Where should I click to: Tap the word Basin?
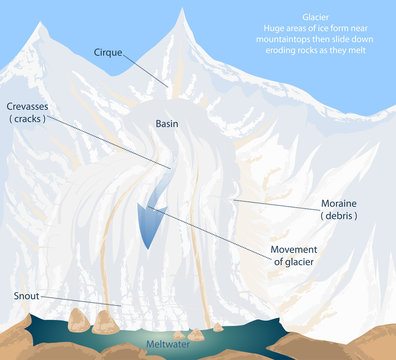(167, 123)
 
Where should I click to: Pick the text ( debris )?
(340, 216)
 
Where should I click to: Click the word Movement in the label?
(299, 248)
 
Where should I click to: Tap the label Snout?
(27, 296)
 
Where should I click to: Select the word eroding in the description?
(291, 54)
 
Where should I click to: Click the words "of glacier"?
(299, 262)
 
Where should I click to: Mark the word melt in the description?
(375, 54)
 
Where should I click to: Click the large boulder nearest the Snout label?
(79, 319)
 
